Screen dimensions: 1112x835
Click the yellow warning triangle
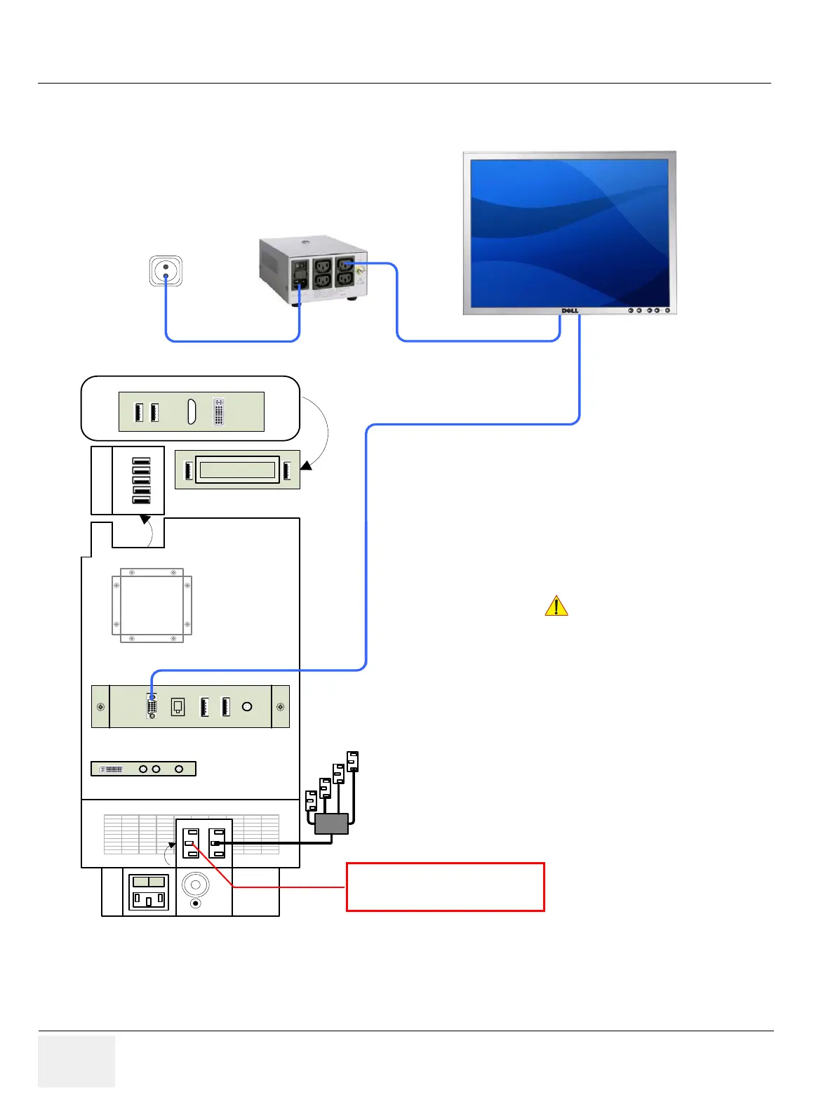[556, 606]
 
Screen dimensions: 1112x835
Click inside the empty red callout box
[445, 887]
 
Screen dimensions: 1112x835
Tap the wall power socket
[166, 271]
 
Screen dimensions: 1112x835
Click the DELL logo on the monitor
[570, 310]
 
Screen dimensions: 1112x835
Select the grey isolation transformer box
[313, 270]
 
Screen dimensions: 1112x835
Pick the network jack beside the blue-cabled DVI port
[178, 707]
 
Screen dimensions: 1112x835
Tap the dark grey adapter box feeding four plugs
[332, 823]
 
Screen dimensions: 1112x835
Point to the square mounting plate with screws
[152, 605]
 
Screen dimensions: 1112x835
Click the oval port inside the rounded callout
[191, 412]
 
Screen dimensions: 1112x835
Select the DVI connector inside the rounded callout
[218, 412]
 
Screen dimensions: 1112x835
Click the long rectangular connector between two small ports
[237, 470]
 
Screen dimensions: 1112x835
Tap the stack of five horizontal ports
[141, 481]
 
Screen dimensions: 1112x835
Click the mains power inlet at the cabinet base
[149, 892]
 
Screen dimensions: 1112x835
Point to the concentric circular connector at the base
[196, 885]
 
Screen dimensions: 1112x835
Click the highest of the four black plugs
[352, 761]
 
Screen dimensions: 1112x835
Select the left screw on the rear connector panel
[100, 707]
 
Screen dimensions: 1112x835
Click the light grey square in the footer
[76, 1061]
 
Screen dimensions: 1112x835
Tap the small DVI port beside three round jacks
[112, 769]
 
